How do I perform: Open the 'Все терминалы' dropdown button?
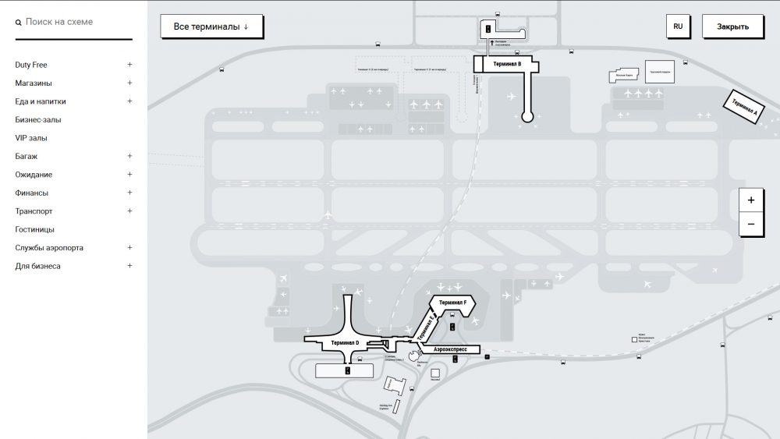pyautogui.click(x=211, y=27)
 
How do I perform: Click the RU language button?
pyautogui.click(x=678, y=27)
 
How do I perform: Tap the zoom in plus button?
pyautogui.click(x=751, y=200)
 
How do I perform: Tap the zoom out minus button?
pyautogui.click(x=751, y=224)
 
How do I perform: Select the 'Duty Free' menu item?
pyautogui.click(x=31, y=65)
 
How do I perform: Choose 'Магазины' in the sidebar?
pyautogui.click(x=34, y=83)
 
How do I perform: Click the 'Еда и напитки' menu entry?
pyautogui.click(x=41, y=101)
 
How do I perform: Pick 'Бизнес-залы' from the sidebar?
pyautogui.click(x=38, y=120)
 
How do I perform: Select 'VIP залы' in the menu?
pyautogui.click(x=31, y=138)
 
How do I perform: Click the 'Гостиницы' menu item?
pyautogui.click(x=35, y=230)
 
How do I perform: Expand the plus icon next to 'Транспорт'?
pyautogui.click(x=130, y=211)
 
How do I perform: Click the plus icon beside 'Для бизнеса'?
pyautogui.click(x=130, y=266)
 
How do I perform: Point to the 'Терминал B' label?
pyautogui.click(x=507, y=64)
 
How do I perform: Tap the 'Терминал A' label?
pyautogui.click(x=743, y=108)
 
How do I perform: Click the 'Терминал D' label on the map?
pyautogui.click(x=345, y=343)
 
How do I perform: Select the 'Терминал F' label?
pyautogui.click(x=453, y=303)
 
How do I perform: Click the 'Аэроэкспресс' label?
pyautogui.click(x=450, y=350)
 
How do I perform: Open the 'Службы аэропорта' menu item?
pyautogui.click(x=49, y=248)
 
